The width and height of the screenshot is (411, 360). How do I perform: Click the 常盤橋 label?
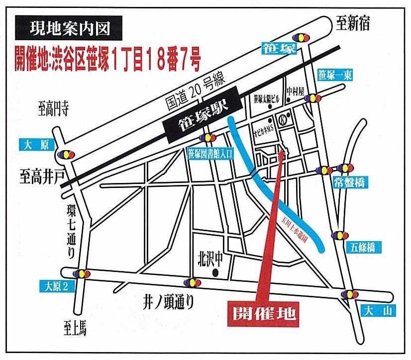(x=351, y=182)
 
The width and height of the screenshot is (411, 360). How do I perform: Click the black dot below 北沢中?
(x=215, y=273)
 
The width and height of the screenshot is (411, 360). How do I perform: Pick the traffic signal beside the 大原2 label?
(x=81, y=273)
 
